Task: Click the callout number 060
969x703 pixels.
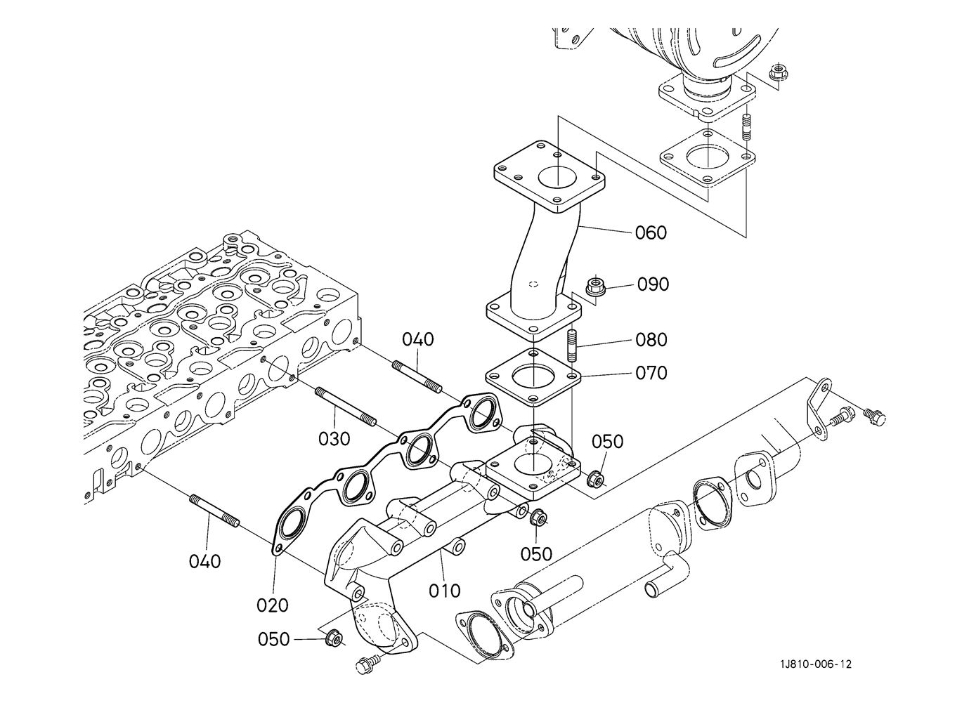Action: point(651,233)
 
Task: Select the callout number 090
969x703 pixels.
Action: point(653,284)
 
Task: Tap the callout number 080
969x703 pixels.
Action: point(651,340)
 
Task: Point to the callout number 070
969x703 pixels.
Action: point(651,373)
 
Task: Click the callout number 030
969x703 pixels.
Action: point(334,439)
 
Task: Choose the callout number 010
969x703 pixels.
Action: point(445,591)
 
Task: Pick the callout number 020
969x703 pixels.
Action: point(273,605)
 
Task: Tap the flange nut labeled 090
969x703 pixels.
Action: point(594,287)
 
